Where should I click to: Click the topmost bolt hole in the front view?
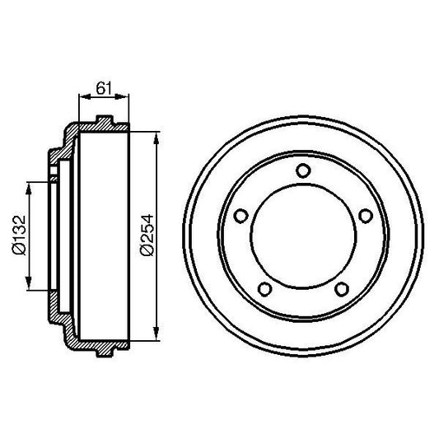[x=303, y=170]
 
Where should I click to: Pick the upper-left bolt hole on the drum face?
[x=241, y=216]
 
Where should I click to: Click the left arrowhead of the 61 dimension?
[x=81, y=96]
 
